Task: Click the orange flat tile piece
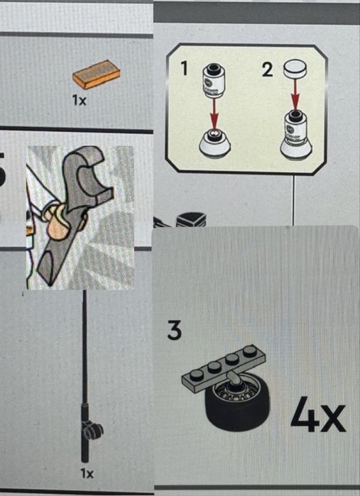coord(97,75)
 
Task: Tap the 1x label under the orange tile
coord(79,101)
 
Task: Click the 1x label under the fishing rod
coord(87,473)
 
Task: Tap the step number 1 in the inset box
coord(184,68)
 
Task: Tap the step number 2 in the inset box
coord(267,70)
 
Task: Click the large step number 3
coord(175,330)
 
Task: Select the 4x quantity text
coord(318,414)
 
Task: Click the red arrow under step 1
coord(214,114)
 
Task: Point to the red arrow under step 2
coord(295,95)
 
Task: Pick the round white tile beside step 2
coord(295,69)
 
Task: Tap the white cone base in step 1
coord(214,145)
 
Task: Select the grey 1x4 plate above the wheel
coord(224,368)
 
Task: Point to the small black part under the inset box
coord(191,219)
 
